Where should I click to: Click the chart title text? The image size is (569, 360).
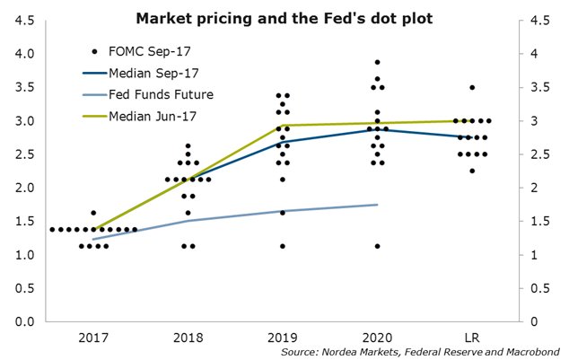click(x=284, y=18)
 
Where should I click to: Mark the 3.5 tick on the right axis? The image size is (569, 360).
click(x=538, y=88)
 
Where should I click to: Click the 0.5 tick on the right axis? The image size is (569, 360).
click(x=538, y=288)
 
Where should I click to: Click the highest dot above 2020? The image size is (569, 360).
click(x=378, y=62)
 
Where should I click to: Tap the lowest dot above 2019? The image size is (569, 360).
click(x=283, y=246)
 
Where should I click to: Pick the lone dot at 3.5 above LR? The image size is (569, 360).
click(x=472, y=88)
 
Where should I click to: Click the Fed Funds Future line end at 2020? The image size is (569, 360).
click(x=377, y=205)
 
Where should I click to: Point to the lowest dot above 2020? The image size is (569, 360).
click(x=378, y=246)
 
